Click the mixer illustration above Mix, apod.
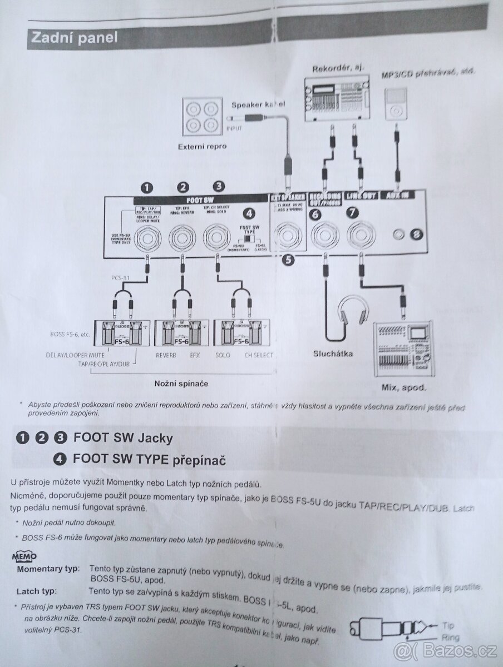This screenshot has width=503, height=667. coord(403,348)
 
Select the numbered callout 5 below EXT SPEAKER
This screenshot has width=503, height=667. coord(287,258)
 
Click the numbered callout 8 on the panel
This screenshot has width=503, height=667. coord(418,233)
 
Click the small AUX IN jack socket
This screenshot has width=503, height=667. coord(398,233)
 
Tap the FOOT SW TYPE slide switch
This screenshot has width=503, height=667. coord(248,238)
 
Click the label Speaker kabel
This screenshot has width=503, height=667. coord(258,103)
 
